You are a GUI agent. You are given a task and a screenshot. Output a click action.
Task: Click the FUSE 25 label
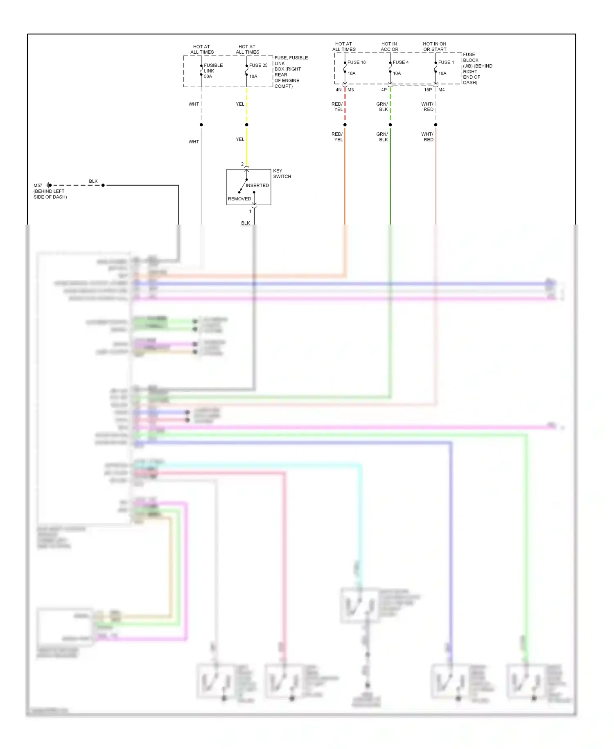(258, 65)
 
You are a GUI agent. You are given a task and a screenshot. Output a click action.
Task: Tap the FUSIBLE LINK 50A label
(213, 70)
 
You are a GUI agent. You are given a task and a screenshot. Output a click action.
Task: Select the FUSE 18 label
(356, 62)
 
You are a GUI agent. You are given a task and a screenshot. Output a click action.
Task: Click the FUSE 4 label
(400, 62)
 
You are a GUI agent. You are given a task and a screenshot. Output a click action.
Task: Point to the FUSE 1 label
(446, 62)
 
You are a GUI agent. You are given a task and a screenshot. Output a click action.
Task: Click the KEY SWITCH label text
(282, 173)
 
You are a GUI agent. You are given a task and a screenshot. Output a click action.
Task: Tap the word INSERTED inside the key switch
(257, 186)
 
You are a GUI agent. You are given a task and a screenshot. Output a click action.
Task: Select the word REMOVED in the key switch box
(239, 199)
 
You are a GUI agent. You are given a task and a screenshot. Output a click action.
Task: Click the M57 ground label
(38, 186)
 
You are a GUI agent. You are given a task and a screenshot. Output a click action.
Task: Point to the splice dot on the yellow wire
(246, 125)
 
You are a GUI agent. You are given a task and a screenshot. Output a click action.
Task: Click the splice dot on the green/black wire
(390, 125)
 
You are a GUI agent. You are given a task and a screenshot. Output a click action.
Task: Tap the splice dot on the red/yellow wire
(345, 125)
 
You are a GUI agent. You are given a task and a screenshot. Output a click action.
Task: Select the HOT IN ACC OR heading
(389, 47)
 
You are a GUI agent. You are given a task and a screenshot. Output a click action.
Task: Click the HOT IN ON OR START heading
(434, 47)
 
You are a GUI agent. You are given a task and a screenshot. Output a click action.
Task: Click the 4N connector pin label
(339, 90)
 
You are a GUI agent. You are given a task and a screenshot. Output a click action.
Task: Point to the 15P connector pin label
(428, 90)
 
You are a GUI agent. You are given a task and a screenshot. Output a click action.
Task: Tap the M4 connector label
(441, 90)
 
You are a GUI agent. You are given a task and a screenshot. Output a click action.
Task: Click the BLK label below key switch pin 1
(245, 223)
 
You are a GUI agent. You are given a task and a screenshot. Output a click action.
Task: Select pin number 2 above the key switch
(242, 164)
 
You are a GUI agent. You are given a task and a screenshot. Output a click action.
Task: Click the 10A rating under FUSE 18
(351, 73)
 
